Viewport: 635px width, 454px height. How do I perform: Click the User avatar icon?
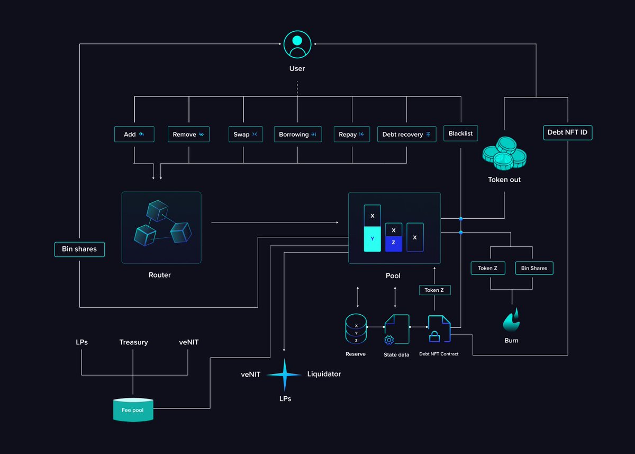(297, 44)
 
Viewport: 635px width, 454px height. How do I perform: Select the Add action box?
(134, 134)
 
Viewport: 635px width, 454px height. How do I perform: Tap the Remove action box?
(188, 134)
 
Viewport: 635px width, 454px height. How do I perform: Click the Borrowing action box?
(297, 134)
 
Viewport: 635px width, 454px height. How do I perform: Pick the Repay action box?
(351, 134)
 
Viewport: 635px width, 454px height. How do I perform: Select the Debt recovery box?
(406, 134)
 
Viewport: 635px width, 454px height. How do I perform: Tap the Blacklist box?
(460, 133)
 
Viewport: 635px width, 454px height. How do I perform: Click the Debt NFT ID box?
(567, 132)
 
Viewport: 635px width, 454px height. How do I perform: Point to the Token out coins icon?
(504, 153)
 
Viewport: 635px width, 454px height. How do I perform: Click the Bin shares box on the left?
(79, 249)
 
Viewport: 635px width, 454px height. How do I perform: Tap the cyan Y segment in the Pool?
(372, 239)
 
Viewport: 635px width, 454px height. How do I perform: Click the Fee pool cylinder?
(133, 410)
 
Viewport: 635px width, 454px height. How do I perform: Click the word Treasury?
(133, 342)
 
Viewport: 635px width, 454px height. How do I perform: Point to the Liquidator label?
(324, 374)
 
